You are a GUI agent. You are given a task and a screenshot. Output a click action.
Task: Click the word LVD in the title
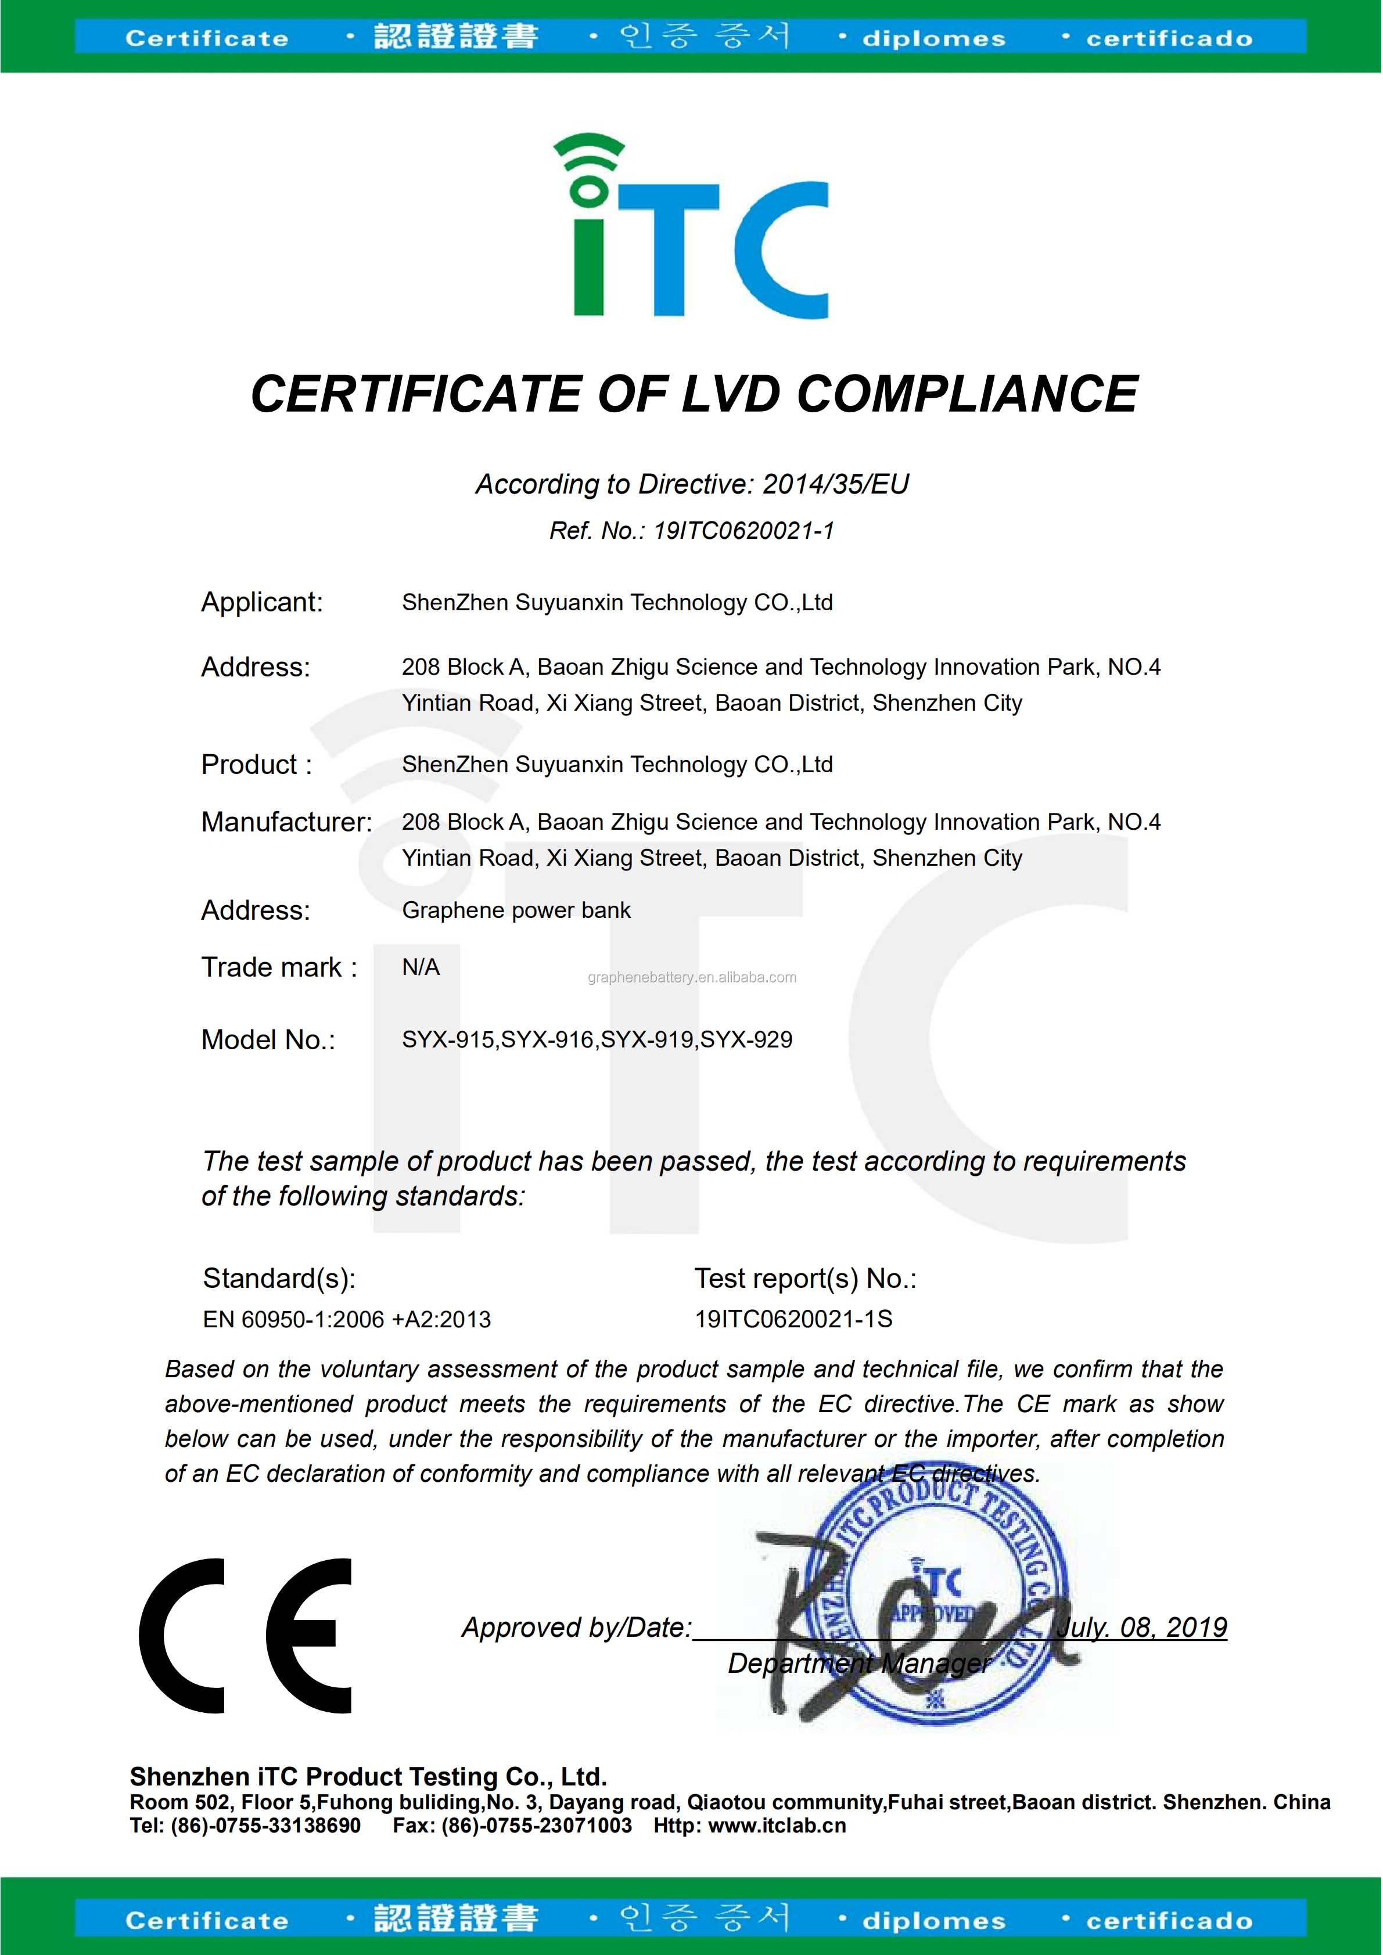tap(731, 394)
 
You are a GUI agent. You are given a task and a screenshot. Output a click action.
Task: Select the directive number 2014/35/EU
tap(835, 484)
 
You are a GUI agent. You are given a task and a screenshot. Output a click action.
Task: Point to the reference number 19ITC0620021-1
tap(743, 531)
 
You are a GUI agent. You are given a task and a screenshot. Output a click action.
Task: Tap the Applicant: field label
tap(261, 602)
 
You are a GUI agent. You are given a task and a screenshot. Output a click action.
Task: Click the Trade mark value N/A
tap(421, 967)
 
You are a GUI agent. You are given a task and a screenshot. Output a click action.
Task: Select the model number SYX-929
tap(746, 1040)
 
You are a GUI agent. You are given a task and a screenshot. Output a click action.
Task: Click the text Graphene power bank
tap(516, 910)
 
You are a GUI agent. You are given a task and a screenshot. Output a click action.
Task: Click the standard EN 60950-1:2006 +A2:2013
tap(347, 1319)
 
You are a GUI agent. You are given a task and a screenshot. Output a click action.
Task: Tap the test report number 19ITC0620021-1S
tap(793, 1319)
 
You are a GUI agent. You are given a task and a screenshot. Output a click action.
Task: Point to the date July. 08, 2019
tap(1141, 1627)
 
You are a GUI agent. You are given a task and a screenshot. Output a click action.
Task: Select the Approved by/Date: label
tap(577, 1627)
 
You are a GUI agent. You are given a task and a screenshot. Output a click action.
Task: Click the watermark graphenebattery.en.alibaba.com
tap(691, 978)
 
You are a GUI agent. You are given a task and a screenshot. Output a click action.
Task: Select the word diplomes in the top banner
tap(933, 39)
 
